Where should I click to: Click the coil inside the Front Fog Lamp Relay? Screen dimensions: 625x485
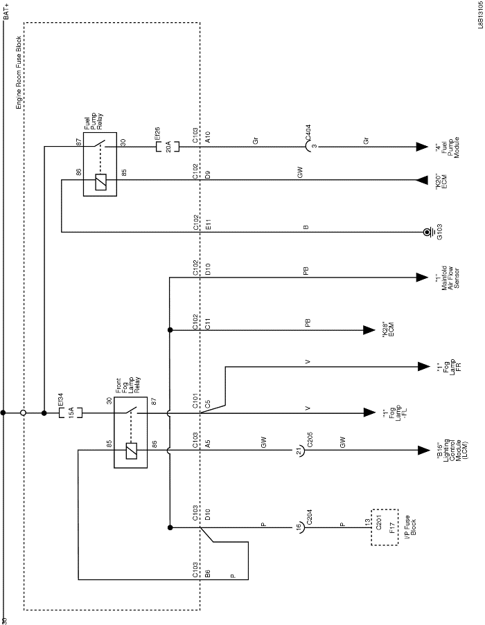click(131, 451)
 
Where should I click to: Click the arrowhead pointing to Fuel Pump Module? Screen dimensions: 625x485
click(421, 147)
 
